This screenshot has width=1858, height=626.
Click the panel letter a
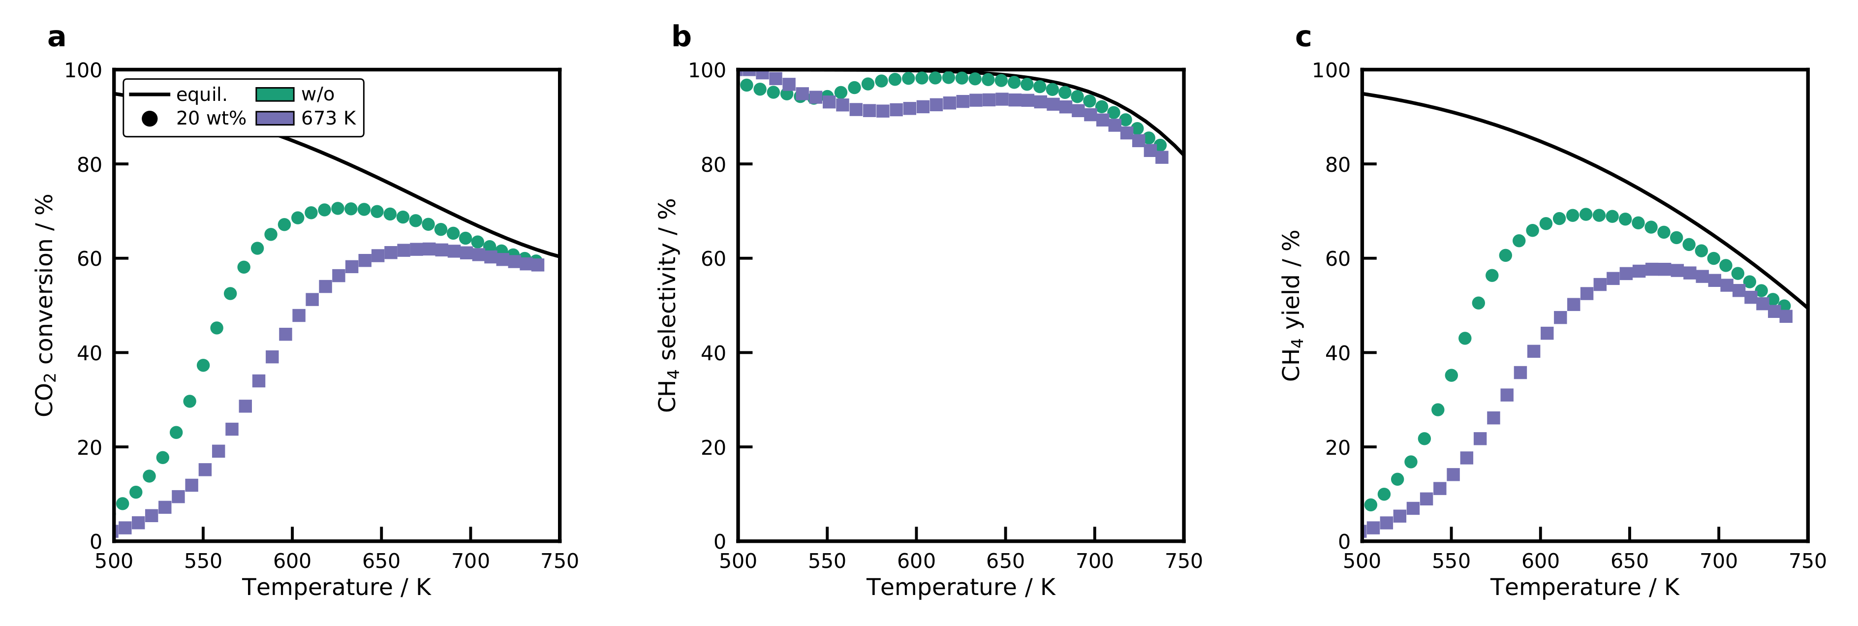click(x=56, y=37)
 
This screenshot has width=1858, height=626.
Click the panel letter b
click(x=681, y=37)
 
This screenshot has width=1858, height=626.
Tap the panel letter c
click(x=1302, y=37)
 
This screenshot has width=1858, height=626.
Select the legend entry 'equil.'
click(x=201, y=94)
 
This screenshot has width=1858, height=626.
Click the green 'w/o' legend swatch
click(x=275, y=94)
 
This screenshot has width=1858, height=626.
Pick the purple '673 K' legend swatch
click(x=275, y=118)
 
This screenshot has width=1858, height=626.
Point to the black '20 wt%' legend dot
click(x=150, y=118)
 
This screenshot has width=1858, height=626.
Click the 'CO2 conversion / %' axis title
click(x=45, y=305)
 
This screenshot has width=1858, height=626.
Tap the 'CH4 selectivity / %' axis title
click(x=668, y=305)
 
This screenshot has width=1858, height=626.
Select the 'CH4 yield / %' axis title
click(x=1291, y=305)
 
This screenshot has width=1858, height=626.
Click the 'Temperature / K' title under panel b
click(x=960, y=588)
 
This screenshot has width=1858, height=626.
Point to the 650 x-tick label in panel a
click(x=381, y=561)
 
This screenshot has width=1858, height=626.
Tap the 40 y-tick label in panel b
click(x=713, y=353)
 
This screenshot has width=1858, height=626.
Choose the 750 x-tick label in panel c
click(x=1807, y=561)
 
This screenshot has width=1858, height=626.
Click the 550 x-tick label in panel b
click(x=827, y=561)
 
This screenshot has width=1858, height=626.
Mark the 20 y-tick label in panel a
click(x=90, y=448)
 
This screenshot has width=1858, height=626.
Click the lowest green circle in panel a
click(x=123, y=503)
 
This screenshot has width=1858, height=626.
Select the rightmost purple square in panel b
click(x=1161, y=157)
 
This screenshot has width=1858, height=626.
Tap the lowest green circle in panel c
click(x=1370, y=505)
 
